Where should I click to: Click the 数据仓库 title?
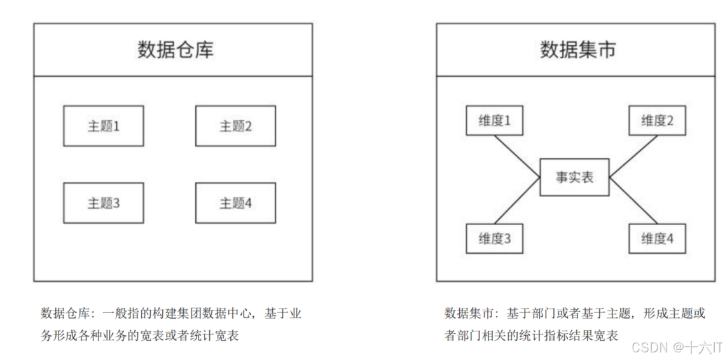(x=176, y=50)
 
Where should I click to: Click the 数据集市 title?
(x=578, y=50)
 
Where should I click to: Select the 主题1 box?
(x=104, y=126)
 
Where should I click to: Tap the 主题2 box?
(x=235, y=126)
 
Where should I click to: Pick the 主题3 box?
(x=104, y=203)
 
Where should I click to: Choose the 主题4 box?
(x=235, y=203)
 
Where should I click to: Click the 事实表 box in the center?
(x=574, y=177)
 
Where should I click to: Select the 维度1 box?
(x=494, y=121)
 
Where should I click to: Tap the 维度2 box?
(x=657, y=121)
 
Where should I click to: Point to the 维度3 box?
(x=494, y=239)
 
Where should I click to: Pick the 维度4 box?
(x=657, y=239)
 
